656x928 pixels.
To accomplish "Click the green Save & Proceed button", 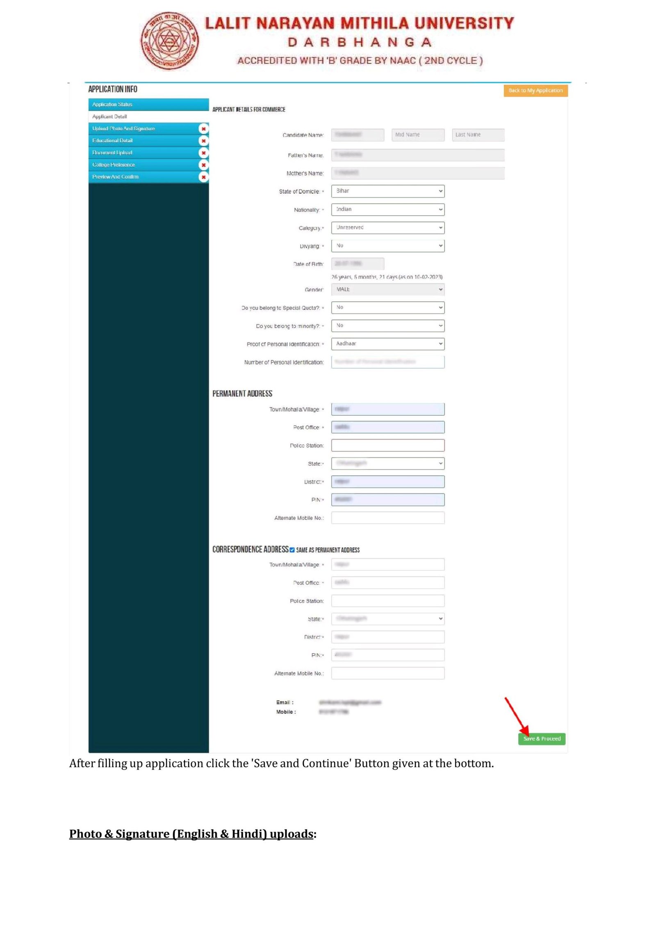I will [541, 739].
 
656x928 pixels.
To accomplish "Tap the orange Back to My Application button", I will [535, 91].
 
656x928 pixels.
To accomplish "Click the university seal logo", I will [169, 41].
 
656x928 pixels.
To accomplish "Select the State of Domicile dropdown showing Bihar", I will [387, 191].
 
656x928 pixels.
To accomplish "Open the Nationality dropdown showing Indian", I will [387, 210].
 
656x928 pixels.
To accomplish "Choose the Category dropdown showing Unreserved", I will [387, 228].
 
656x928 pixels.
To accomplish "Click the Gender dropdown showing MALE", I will [387, 290].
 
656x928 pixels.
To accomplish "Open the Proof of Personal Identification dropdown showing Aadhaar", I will [387, 344].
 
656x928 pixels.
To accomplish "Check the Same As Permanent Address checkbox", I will [292, 550].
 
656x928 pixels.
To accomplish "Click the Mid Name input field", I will [418, 135].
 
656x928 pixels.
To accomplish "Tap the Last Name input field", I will [478, 135].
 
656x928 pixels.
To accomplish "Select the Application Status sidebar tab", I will [148, 105].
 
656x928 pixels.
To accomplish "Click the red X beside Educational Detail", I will [203, 141].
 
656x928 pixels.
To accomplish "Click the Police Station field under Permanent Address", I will [387, 445].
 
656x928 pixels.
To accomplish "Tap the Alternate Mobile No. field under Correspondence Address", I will [387, 673].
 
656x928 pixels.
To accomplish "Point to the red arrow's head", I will [526, 733].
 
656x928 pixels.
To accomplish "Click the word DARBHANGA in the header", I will [359, 42].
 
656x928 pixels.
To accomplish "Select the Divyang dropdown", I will [387, 246].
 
